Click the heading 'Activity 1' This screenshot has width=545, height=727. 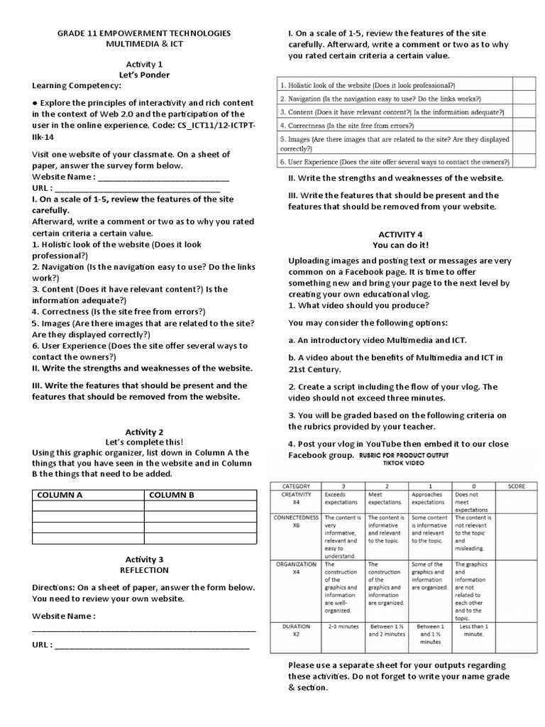(144, 63)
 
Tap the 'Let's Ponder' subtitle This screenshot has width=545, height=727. (144, 74)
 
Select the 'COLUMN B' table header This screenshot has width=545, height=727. (171, 495)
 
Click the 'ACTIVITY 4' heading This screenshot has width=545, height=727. (400, 234)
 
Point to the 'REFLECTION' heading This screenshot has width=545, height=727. (144, 569)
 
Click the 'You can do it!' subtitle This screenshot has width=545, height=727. (400, 245)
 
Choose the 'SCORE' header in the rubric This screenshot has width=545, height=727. (517, 486)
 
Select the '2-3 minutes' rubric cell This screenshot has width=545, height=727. (342, 627)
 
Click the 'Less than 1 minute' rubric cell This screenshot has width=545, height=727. (473, 630)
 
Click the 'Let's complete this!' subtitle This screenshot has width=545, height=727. (144, 442)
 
